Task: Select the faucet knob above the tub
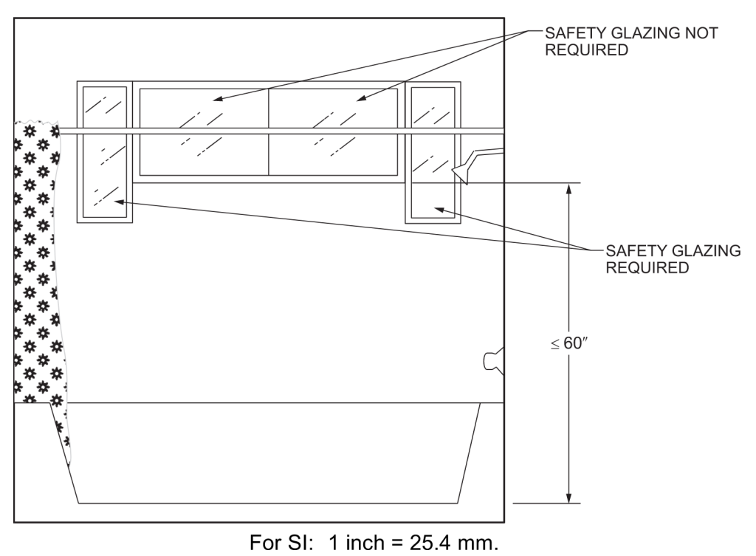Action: (x=491, y=360)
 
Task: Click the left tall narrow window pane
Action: (x=104, y=151)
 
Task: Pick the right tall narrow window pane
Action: (x=433, y=151)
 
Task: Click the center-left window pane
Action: (x=203, y=131)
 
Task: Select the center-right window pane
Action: (x=336, y=131)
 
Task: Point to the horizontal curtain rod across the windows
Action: (x=281, y=131)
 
